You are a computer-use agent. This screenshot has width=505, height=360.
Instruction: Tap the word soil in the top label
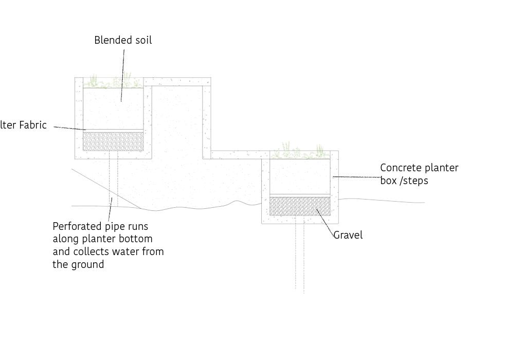point(143,40)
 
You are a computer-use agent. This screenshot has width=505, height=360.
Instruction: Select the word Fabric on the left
point(32,125)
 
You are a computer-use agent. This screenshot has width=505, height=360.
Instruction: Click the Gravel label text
point(348,235)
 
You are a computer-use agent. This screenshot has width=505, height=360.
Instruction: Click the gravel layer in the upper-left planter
point(113,141)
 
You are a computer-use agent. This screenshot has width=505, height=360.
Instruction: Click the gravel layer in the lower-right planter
point(300,206)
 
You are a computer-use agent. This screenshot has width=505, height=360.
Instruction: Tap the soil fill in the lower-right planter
point(300,176)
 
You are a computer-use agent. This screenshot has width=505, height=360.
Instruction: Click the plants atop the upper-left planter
point(111,81)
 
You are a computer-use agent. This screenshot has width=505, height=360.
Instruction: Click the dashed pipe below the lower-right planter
point(299,257)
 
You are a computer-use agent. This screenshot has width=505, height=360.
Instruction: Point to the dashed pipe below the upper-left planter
point(113,180)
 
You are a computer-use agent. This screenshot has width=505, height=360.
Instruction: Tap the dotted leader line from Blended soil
point(123,72)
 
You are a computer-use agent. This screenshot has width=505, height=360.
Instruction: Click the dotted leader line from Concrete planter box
point(357,177)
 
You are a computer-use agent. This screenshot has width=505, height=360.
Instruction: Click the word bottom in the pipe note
point(138,239)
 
